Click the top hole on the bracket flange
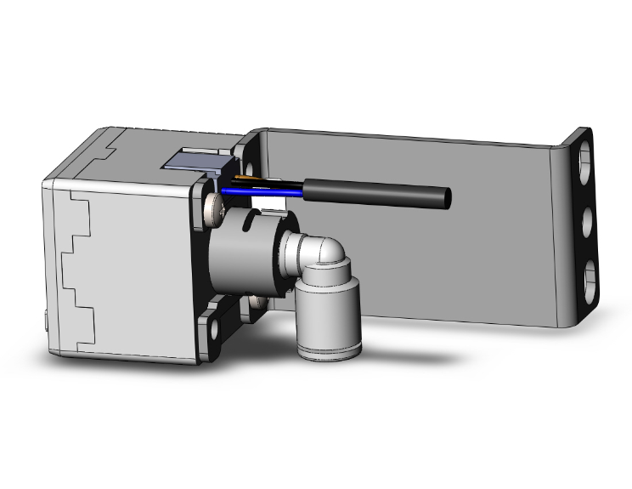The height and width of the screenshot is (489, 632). (x=586, y=162)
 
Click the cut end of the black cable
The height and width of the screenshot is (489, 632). (x=446, y=198)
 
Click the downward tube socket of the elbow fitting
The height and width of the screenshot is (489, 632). (x=325, y=310)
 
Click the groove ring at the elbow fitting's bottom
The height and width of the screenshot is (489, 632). (x=325, y=347)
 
